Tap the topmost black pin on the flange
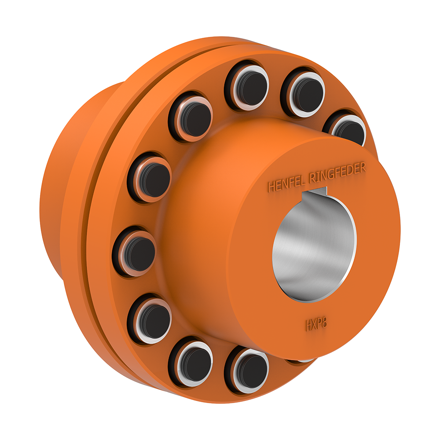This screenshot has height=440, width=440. coord(247,84)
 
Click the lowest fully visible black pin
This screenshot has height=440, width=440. coord(247,369)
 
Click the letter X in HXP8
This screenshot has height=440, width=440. coord(315,325)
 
